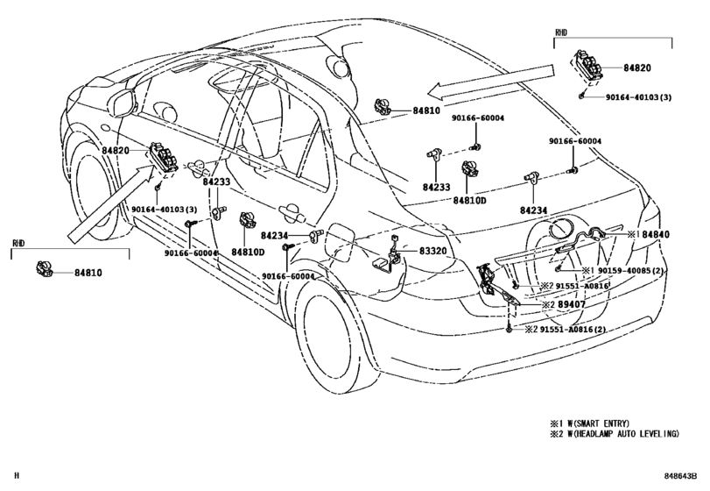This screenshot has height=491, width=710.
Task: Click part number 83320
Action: [432, 250]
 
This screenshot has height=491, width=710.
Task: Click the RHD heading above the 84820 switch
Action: [562, 32]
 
